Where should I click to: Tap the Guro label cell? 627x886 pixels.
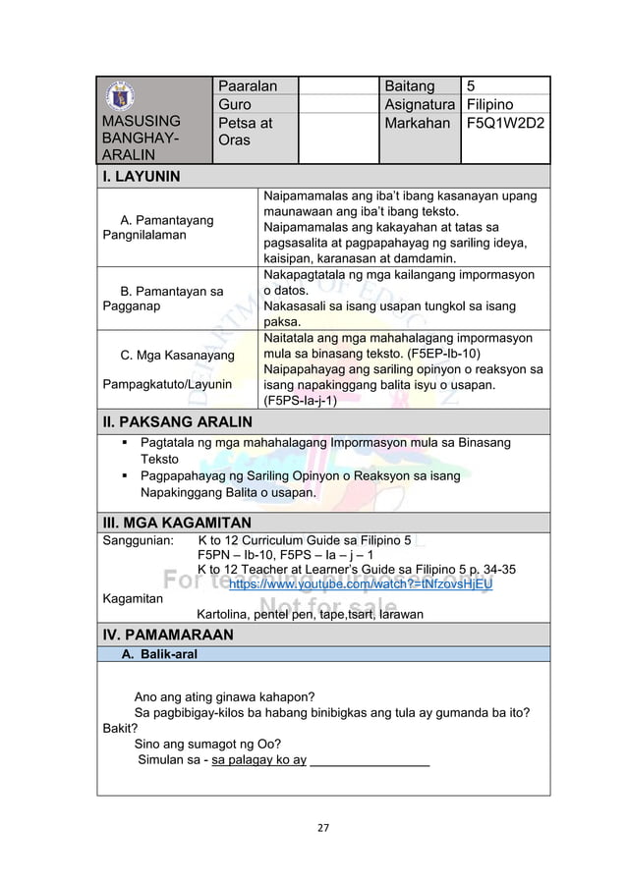pyautogui.click(x=235, y=105)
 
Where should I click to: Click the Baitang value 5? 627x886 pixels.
pyautogui.click(x=471, y=86)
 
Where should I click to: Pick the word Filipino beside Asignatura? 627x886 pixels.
pyautogui.click(x=493, y=105)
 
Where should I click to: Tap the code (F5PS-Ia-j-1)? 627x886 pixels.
pyautogui.click(x=302, y=400)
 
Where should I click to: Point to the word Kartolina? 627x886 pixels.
pyautogui.click(x=229, y=615)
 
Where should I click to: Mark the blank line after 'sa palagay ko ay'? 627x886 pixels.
pyautogui.click(x=370, y=759)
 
